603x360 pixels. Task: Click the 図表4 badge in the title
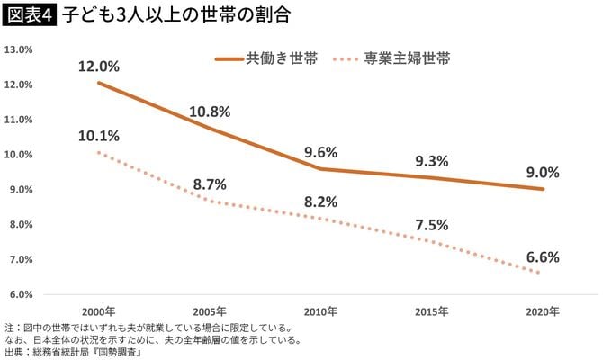(x=29, y=14)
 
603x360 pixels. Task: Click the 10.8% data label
(x=210, y=112)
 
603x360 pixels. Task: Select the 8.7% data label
(x=210, y=184)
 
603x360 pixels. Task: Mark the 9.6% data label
(x=320, y=153)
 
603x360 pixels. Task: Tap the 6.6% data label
(x=543, y=256)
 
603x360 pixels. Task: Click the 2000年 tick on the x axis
(x=97, y=311)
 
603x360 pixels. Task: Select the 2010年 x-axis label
(x=320, y=311)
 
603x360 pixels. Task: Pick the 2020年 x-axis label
(x=543, y=311)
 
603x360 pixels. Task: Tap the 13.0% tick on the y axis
(x=19, y=49)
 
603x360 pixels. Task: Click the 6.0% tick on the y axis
(x=19, y=294)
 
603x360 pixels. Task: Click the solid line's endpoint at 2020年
(x=543, y=189)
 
